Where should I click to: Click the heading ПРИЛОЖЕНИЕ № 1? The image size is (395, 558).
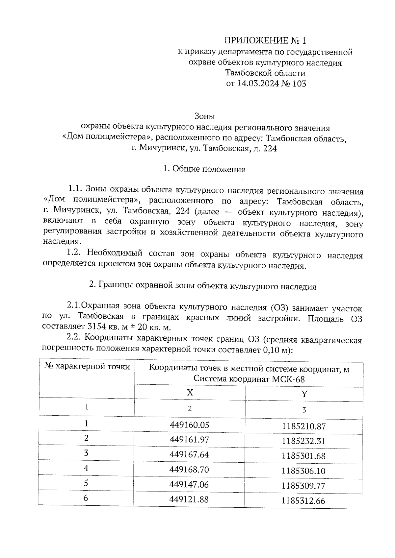tap(265, 40)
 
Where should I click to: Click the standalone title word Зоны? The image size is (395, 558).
tap(204, 116)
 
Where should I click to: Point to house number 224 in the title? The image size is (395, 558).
tap(270, 148)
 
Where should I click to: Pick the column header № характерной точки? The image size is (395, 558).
tap(87, 367)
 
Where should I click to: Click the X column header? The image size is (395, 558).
tap(190, 392)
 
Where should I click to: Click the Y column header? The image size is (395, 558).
tap(304, 394)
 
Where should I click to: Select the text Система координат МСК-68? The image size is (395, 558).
tap(249, 379)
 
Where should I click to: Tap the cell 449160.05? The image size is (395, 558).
tap(189, 425)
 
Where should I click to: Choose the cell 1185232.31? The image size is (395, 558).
tap(303, 441)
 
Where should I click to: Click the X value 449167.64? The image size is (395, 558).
tap(189, 454)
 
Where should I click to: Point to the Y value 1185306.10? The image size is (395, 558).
tap(303, 471)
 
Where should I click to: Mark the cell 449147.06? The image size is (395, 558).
tap(189, 484)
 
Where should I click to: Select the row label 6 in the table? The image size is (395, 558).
tap(86, 498)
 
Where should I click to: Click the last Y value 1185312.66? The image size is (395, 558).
tap(303, 501)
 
